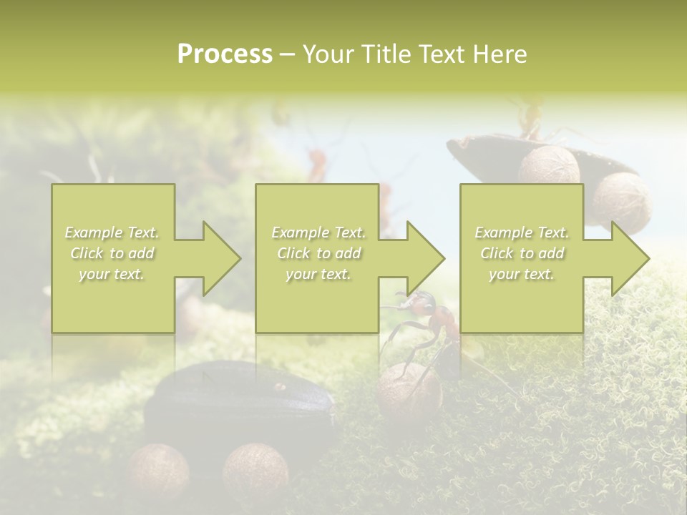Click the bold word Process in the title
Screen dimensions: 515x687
tap(225, 54)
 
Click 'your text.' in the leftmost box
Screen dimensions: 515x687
tap(112, 274)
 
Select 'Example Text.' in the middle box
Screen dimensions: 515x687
tap(318, 232)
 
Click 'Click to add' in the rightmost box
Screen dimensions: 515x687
tap(522, 253)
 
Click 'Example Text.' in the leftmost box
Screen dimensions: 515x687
tap(112, 232)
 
